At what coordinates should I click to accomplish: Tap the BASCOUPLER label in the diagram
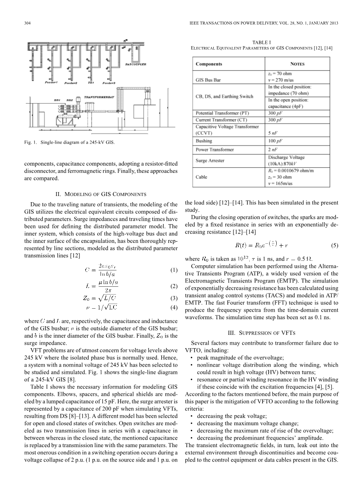pyautogui.click(x=135, y=65)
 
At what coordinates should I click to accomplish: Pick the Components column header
pyautogui.click(x=209, y=64)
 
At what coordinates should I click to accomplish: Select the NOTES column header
pyautogui.click(x=297, y=64)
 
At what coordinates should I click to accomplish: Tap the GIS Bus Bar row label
pyautogui.click(x=208, y=80)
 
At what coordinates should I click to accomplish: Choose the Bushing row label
pyautogui.click(x=204, y=141)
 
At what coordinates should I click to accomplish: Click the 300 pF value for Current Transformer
pyautogui.click(x=275, y=120)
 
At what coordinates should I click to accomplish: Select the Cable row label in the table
pyautogui.click(x=202, y=177)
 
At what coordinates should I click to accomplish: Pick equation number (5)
pyautogui.click(x=334, y=246)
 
